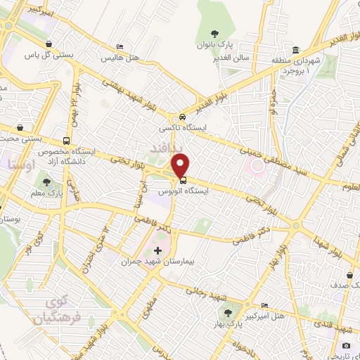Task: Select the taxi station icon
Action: pyautogui.click(x=182, y=117)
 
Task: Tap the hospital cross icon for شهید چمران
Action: pyautogui.click(x=157, y=250)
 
